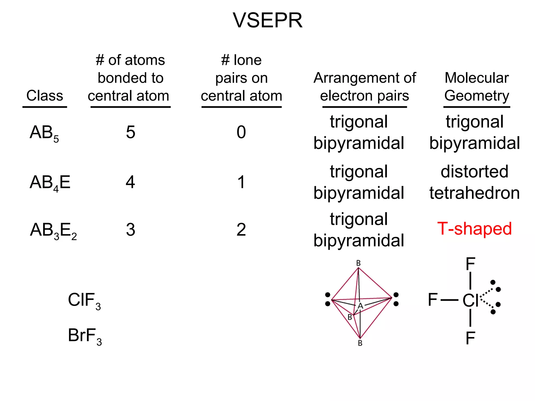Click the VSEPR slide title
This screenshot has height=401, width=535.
pos(267,20)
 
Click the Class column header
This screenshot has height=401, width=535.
pos(45,96)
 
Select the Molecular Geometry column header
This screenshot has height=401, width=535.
pos(476,87)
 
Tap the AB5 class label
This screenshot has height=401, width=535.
pos(44,133)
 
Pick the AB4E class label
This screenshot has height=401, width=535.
pos(50,183)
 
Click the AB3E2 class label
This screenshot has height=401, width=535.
pos(53,231)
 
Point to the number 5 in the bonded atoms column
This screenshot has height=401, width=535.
pos(130,132)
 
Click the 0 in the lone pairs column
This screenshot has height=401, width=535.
pos(241,132)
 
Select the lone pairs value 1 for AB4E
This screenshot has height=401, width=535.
pos(241,182)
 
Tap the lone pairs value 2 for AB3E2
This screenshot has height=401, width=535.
pos(241,230)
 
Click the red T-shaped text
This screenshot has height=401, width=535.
pos(474,229)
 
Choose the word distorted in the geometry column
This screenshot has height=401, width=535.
pos(474,172)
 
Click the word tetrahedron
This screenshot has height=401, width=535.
pos(474,193)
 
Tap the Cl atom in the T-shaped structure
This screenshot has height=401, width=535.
pos(470,300)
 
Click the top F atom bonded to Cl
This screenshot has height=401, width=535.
pos(470,264)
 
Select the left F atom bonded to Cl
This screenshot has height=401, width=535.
pos(433,300)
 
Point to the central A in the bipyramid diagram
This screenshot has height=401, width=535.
pos(360,306)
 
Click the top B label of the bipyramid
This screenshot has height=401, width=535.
pos(358,263)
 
